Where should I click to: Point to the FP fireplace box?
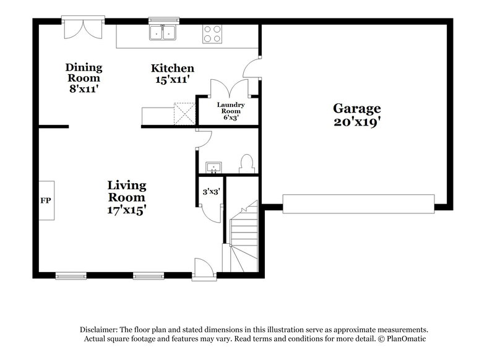click(46, 200)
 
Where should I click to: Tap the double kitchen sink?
click(163, 33)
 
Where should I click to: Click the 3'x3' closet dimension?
click(210, 192)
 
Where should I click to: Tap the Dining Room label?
click(84, 73)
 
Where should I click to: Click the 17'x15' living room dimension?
click(127, 210)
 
